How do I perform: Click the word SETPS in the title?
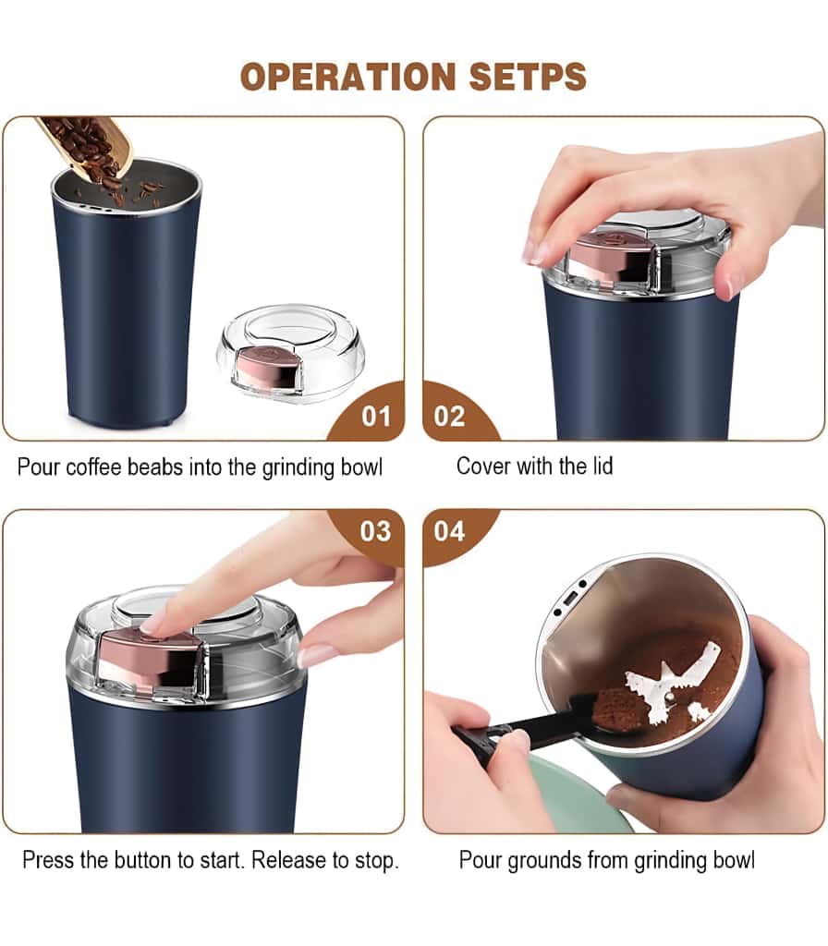click(528, 77)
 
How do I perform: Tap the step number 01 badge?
click(375, 416)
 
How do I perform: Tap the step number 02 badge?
click(449, 416)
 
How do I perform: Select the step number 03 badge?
click(375, 532)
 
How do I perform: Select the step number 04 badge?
click(449, 532)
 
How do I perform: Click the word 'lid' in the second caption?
click(599, 466)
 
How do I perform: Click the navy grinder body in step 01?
click(128, 305)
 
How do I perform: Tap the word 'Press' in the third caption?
click(48, 860)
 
